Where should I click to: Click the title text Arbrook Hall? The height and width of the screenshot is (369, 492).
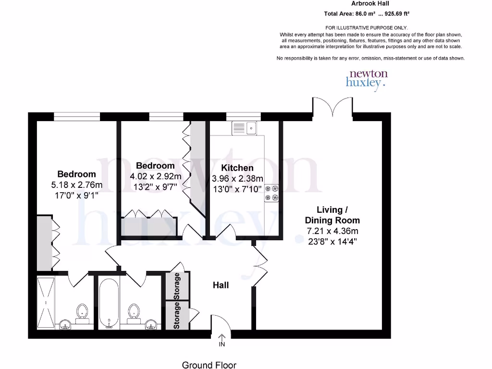pos(370,3)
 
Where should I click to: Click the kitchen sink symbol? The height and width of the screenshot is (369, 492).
pos(245,128)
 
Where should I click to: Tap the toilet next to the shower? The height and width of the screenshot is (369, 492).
pos(83,312)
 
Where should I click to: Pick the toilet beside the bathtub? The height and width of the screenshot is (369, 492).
pos(133,312)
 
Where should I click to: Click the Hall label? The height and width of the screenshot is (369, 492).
pos(221,285)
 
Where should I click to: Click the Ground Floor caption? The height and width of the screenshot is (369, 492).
pos(209,365)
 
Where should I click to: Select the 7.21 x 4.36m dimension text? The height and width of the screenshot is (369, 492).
pos(332,231)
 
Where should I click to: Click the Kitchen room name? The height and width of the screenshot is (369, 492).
pos(237,168)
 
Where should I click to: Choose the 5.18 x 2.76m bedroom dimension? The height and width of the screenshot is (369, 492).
pos(77,185)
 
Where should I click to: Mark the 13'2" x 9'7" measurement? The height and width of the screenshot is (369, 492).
pos(155,187)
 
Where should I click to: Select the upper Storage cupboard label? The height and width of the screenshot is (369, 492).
pos(177,286)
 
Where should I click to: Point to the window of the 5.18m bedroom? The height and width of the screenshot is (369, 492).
pos(77,116)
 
